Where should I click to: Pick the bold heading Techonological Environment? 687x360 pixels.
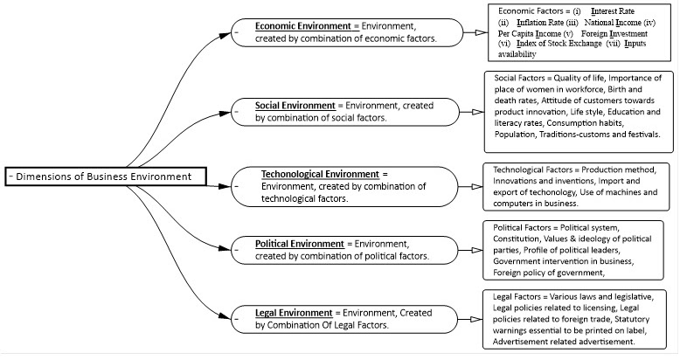(320, 174)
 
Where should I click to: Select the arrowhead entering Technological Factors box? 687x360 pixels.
(475, 186)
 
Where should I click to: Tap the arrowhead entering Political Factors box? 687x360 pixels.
(475, 249)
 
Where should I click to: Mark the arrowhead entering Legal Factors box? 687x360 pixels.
(475, 319)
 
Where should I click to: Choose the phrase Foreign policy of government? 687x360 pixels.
(547, 273)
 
